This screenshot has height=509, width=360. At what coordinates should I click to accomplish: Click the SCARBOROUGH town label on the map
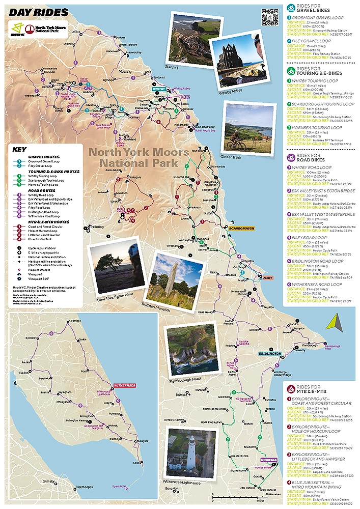(241, 229)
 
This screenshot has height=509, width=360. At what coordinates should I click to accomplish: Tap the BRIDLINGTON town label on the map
(269, 353)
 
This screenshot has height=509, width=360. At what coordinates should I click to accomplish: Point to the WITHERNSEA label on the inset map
(125, 385)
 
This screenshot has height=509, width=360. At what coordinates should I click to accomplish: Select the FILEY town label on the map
(268, 278)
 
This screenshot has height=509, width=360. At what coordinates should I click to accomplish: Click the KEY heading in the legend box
(19, 150)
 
